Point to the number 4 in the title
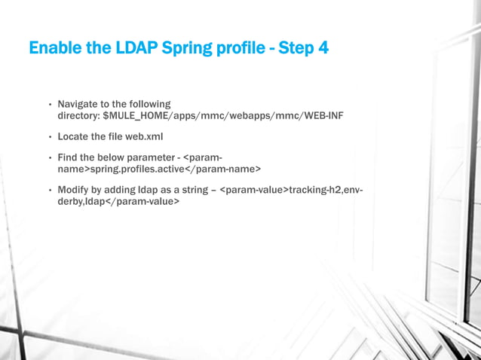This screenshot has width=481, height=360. pos(323,49)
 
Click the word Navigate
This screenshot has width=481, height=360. pos(79,104)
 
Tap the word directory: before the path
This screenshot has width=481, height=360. pos(78,117)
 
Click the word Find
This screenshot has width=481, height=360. pos(69,158)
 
